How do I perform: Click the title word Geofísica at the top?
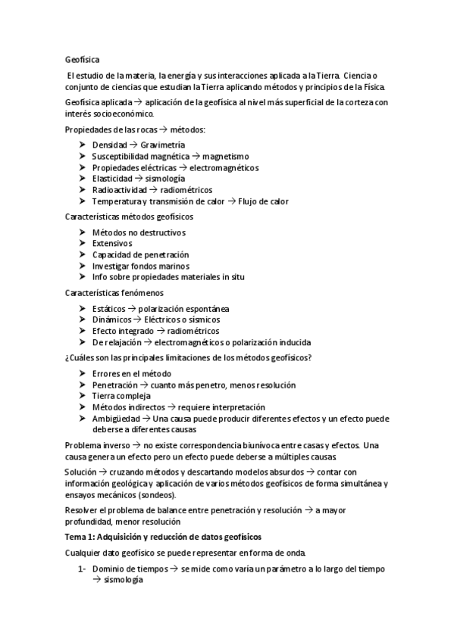click(83, 58)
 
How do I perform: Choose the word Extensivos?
click(111, 243)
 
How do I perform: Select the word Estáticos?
click(108, 308)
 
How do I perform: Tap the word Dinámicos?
click(111, 319)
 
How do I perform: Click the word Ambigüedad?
click(117, 418)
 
